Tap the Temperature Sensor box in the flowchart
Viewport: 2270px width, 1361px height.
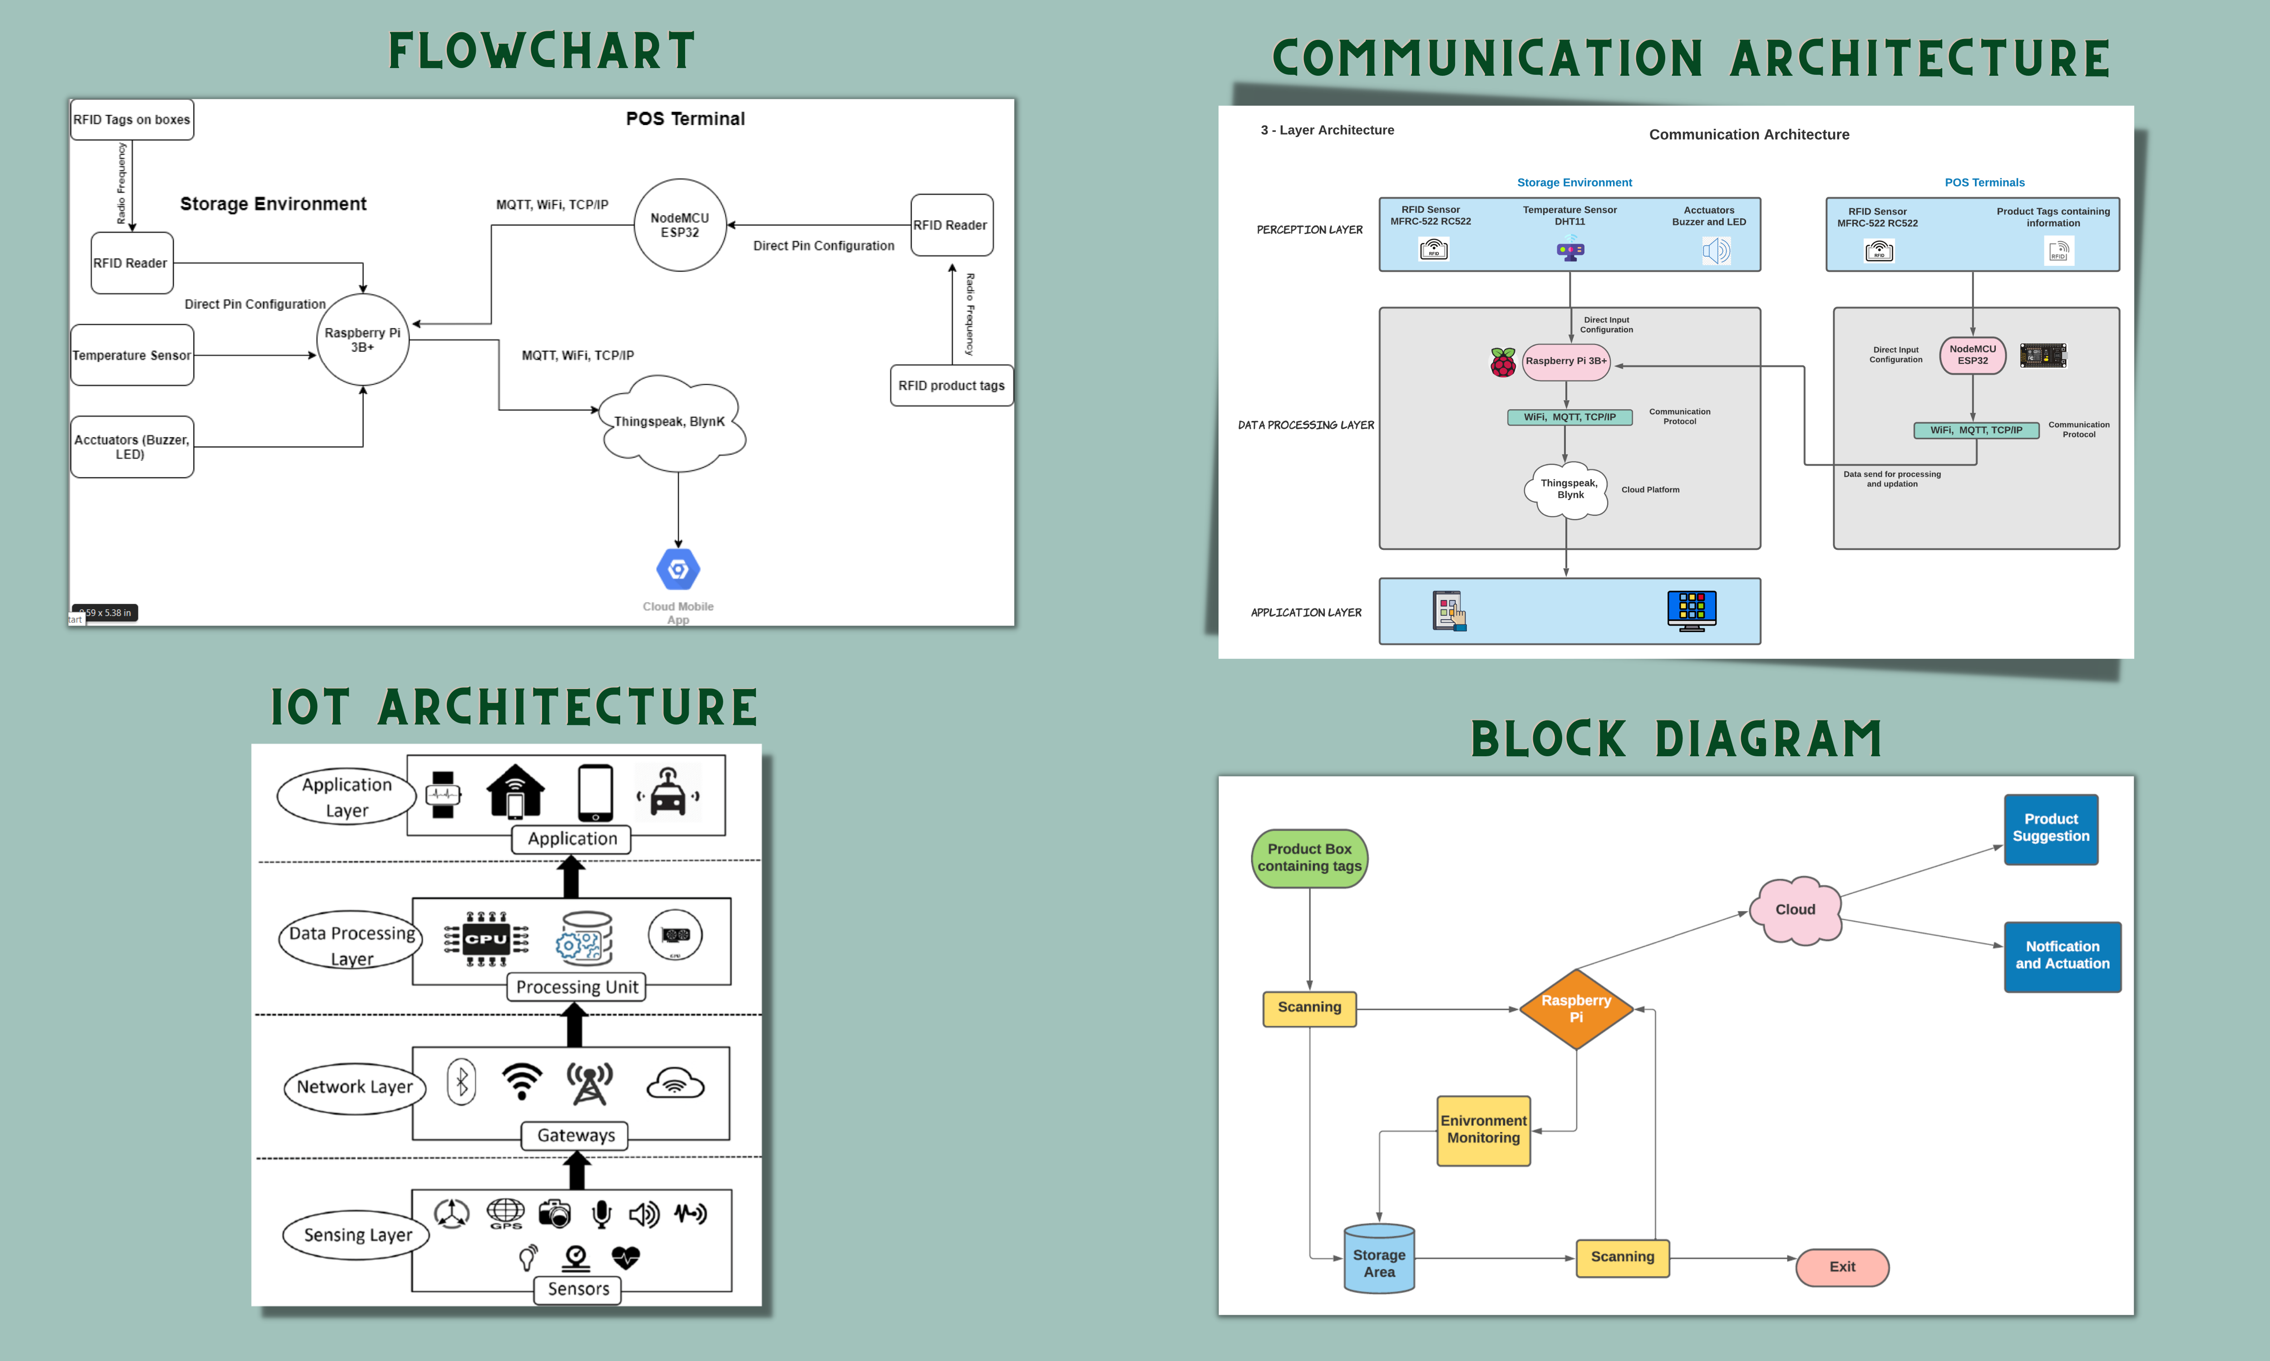tap(132, 355)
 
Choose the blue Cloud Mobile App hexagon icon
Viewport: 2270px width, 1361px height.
tap(678, 569)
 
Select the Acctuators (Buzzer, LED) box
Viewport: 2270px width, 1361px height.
tap(132, 447)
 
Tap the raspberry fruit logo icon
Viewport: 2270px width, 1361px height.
tap(1502, 362)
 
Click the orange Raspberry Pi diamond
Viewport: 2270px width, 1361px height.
tap(1575, 1009)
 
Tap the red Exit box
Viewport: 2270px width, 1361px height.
tap(1841, 1267)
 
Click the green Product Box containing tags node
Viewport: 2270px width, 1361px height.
tap(1309, 857)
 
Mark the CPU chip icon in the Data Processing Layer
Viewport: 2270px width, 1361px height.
tap(486, 938)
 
